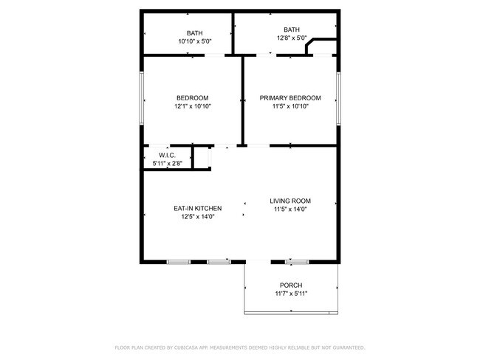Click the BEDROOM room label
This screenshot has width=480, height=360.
pyautogui.click(x=192, y=98)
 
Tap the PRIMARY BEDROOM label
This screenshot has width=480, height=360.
pyautogui.click(x=290, y=98)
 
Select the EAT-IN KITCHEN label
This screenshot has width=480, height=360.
pyautogui.click(x=197, y=209)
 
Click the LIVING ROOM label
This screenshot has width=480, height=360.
pyautogui.click(x=289, y=201)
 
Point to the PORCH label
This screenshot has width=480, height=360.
pyautogui.click(x=290, y=285)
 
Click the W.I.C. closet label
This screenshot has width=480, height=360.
pyautogui.click(x=167, y=155)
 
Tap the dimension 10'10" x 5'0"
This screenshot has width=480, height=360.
pyautogui.click(x=195, y=42)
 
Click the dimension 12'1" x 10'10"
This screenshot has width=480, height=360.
pyautogui.click(x=192, y=106)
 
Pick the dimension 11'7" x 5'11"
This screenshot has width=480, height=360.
pyautogui.click(x=290, y=294)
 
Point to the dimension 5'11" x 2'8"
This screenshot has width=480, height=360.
pyautogui.click(x=167, y=162)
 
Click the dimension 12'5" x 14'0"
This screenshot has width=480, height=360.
pyautogui.click(x=197, y=217)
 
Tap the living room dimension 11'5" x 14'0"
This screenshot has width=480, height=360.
pyautogui.click(x=289, y=209)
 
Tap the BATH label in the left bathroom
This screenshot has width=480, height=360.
pyautogui.click(x=195, y=33)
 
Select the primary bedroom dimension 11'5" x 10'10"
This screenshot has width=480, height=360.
pyautogui.click(x=290, y=106)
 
